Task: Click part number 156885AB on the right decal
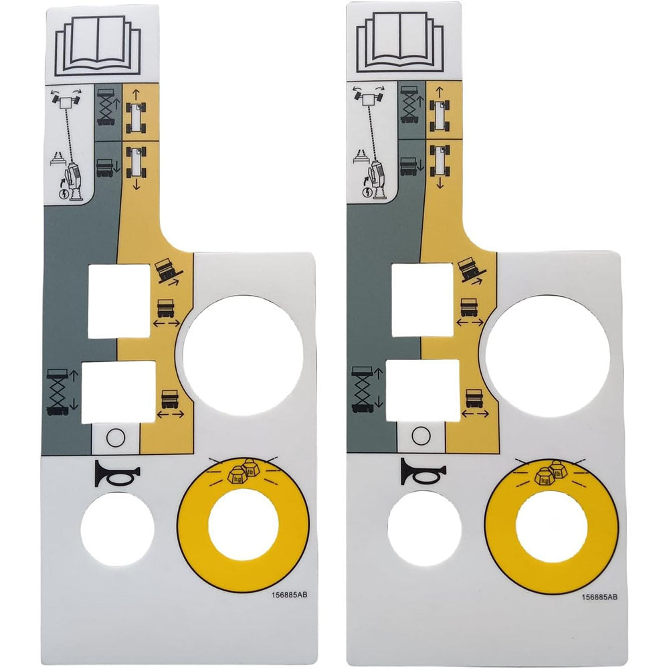pos(599,597)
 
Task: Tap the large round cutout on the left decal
pos(243,352)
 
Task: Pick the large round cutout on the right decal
pos(548,352)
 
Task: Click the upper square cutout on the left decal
pos(119,300)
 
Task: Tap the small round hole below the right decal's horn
pos(423,528)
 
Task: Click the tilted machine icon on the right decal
pos(472,271)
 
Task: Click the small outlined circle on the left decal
pos(115,438)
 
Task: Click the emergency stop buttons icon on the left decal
pos(243,472)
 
